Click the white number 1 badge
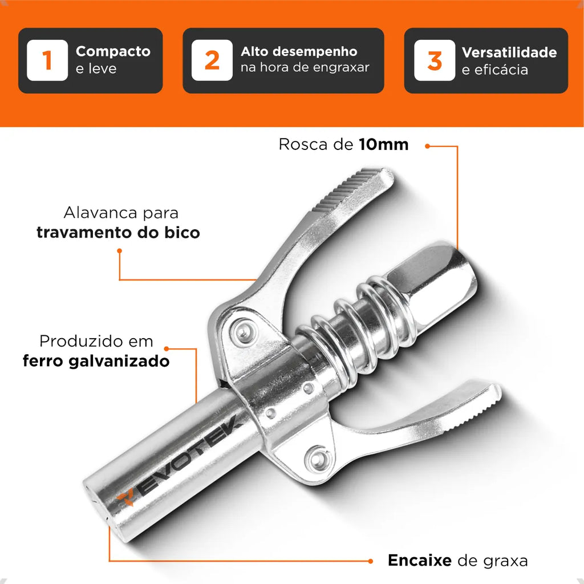coord(47,60)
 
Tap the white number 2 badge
coord(212,60)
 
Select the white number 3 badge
coord(435,60)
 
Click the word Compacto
coord(113,51)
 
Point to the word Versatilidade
coord(509,52)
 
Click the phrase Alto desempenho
coord(299,51)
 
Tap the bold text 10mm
coord(384,144)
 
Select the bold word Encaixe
coord(419,561)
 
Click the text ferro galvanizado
coord(96,361)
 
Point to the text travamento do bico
coord(118,233)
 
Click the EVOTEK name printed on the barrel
coord(187,456)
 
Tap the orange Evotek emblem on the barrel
coord(126,498)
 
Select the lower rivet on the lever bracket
coord(317,458)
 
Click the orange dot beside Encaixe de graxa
coord(370,561)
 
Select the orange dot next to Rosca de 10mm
coord(427,146)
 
